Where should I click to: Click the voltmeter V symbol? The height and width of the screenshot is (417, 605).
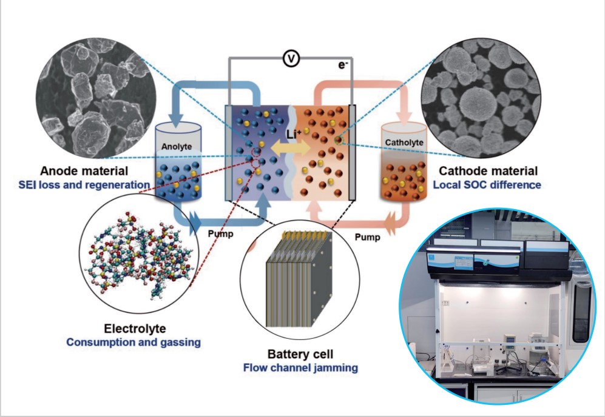point(291,59)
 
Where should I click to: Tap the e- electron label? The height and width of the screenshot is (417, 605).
point(343,65)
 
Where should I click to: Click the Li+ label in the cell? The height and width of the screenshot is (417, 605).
point(294,134)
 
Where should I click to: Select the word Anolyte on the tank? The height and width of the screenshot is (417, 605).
point(177,147)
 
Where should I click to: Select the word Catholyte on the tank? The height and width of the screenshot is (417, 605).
point(404,142)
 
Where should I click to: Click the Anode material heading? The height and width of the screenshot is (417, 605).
point(84,171)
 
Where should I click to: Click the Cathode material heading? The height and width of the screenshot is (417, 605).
point(488,171)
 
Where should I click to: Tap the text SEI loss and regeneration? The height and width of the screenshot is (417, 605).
point(84,185)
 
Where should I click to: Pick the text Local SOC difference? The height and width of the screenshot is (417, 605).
point(487,185)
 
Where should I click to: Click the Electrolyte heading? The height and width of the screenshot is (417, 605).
point(135,329)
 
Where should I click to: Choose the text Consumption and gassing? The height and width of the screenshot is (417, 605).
point(134,342)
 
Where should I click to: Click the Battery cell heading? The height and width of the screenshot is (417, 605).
point(300,354)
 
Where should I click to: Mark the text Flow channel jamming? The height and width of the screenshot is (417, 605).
point(300,368)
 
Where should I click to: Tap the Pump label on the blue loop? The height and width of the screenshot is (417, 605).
point(221,234)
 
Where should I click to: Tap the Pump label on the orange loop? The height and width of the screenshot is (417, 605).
point(367,237)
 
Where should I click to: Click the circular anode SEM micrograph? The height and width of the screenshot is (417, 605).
point(96,98)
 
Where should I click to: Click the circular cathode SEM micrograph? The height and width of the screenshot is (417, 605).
point(481,98)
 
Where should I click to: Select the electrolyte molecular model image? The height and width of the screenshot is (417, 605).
point(139,253)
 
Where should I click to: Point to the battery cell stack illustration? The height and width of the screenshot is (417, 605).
point(300,280)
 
